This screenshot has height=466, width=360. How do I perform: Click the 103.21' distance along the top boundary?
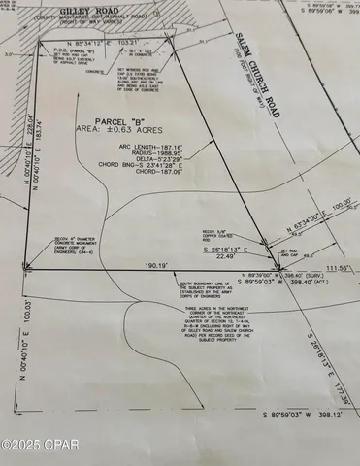coord(127,44)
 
